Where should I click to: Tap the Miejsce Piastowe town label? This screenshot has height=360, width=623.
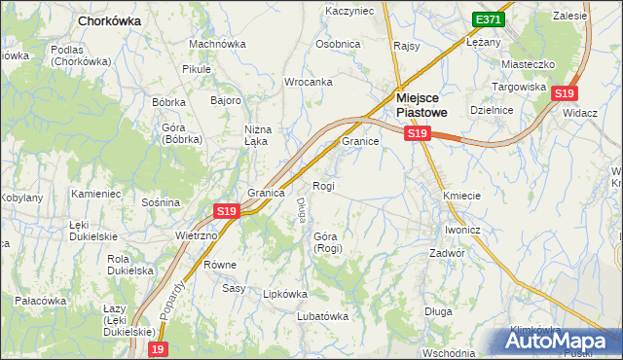(421, 104)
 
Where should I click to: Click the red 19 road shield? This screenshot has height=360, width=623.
(159, 348)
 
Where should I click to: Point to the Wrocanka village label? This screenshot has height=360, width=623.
(308, 82)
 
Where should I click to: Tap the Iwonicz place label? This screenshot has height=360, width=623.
(462, 230)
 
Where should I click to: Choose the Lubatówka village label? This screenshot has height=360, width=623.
(322, 315)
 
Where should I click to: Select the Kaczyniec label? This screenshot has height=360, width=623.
(349, 11)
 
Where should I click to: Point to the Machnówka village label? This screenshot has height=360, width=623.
(217, 44)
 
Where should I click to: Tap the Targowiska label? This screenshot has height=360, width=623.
(523, 87)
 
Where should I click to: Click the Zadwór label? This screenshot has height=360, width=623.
(448, 252)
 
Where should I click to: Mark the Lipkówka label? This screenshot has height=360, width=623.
(285, 293)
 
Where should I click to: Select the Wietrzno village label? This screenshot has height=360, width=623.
(196, 235)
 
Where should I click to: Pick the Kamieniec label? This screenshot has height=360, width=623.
(95, 194)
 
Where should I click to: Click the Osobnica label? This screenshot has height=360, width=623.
(338, 45)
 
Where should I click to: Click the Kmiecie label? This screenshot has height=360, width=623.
(461, 196)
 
